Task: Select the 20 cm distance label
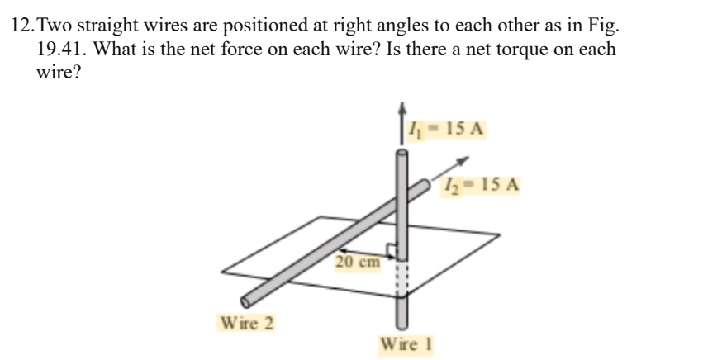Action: pyautogui.click(x=358, y=263)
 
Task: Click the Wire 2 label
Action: pyautogui.click(x=245, y=321)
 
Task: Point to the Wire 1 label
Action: pyautogui.click(x=406, y=343)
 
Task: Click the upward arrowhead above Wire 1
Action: pyautogui.click(x=402, y=108)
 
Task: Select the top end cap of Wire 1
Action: pyautogui.click(x=401, y=153)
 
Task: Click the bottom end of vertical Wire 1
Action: pyautogui.click(x=401, y=324)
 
